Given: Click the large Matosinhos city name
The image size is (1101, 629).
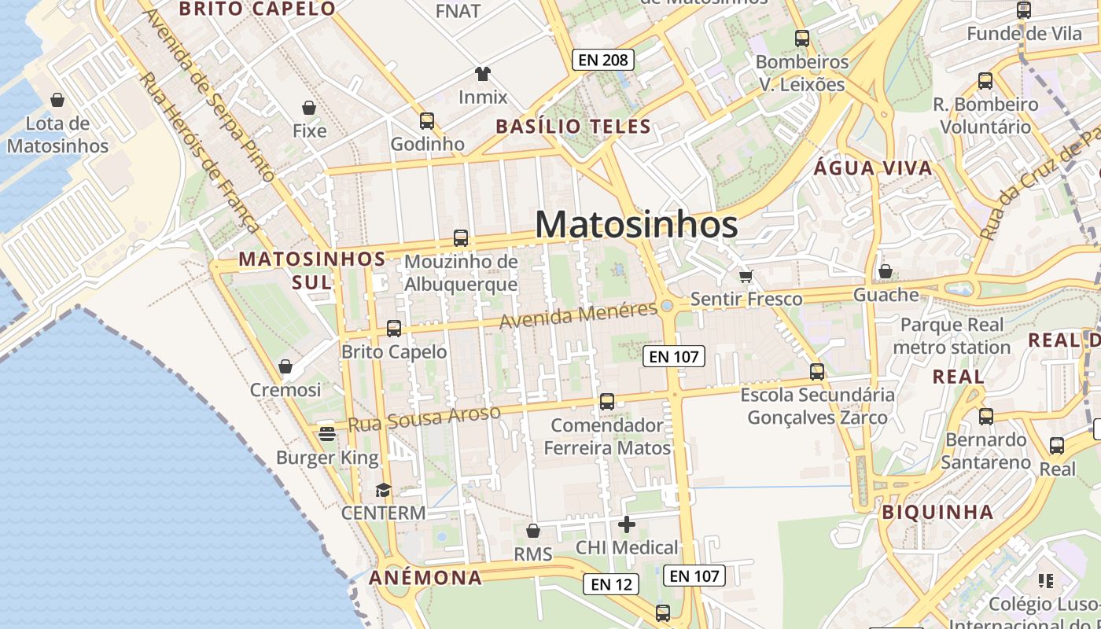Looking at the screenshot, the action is [x=636, y=225].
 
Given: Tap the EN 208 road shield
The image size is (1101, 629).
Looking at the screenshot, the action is [x=602, y=60].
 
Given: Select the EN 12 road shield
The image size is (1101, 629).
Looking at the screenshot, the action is [x=611, y=584].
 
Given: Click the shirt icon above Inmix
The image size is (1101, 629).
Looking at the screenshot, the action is [x=483, y=74].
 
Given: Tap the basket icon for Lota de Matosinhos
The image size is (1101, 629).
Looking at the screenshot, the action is [x=57, y=100].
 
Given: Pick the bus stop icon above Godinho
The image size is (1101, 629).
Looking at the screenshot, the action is [x=427, y=120].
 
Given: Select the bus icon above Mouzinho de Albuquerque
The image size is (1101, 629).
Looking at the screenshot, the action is [x=461, y=237].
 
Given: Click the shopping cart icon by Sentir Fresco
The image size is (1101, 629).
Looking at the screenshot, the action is [x=746, y=275].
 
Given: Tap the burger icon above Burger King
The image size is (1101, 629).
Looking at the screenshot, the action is [x=327, y=433].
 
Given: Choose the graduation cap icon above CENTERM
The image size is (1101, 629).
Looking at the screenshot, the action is [x=383, y=490].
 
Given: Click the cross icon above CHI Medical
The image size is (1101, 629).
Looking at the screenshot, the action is [x=627, y=524].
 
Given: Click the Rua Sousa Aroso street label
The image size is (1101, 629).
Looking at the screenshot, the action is [x=424, y=418].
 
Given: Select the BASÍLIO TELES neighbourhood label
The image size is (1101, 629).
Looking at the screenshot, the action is [x=573, y=126].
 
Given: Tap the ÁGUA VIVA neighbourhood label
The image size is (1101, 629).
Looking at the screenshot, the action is [x=873, y=167].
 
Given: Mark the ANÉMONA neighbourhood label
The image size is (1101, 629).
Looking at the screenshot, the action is [x=425, y=577].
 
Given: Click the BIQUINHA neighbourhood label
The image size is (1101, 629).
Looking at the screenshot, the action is [x=937, y=512].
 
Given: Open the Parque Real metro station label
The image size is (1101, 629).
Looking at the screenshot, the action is [x=952, y=336].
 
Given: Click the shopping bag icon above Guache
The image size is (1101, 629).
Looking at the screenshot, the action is [x=886, y=271].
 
